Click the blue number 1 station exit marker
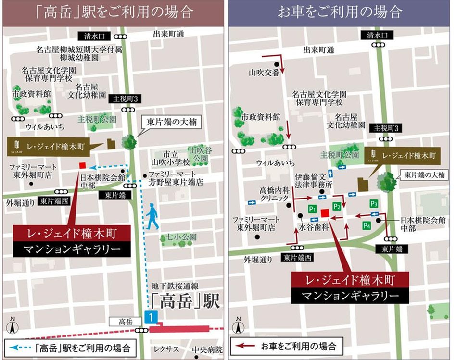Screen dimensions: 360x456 tap(151, 317)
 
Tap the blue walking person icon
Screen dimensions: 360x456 tap(152, 216)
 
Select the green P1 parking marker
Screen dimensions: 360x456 tap(312, 209)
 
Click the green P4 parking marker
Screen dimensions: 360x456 tap(367, 225)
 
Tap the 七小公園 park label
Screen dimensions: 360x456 tap(179, 237)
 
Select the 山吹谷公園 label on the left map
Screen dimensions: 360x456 tap(200, 153)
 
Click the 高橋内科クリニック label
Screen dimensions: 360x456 tap(274, 194)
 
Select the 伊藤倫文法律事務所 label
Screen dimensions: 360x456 tap(314, 180)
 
